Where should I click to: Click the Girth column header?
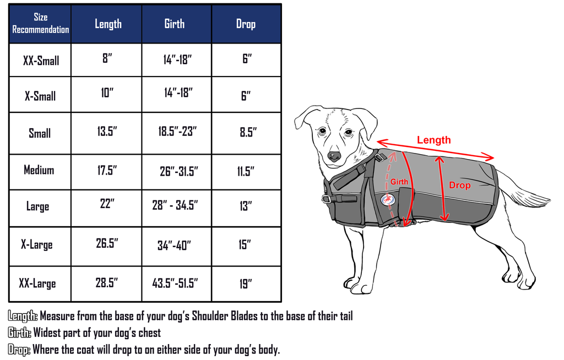175,24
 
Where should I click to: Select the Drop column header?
246,24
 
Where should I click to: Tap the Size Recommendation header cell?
40,24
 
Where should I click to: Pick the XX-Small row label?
41,60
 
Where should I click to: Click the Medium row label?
39,170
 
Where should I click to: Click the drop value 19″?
246,283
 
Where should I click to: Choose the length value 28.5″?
107,282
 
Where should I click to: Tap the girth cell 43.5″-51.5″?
175,283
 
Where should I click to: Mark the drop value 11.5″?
245,171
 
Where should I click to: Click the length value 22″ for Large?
107,204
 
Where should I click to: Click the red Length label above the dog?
433,140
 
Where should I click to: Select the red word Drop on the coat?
459,186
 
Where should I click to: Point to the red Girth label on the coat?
399,182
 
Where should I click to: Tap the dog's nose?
334,156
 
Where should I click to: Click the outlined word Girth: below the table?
20,332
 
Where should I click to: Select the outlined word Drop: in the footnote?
19,350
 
